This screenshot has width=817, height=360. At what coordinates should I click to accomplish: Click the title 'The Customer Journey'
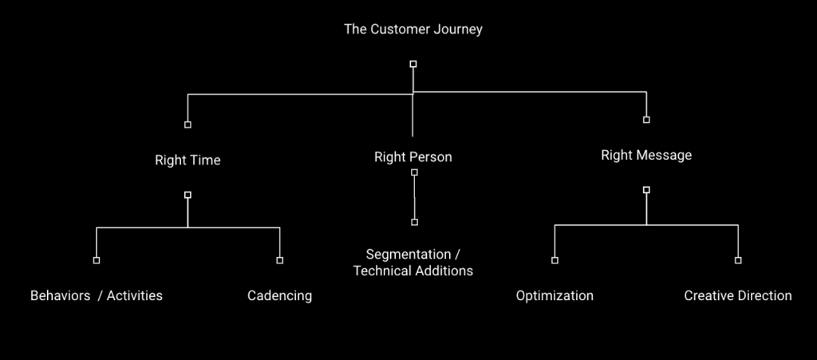point(413,30)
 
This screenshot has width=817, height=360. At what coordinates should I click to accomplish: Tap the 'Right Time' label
point(187,160)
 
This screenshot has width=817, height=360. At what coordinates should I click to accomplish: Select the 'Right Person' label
point(413,156)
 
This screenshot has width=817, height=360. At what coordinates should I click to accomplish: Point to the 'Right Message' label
point(646,155)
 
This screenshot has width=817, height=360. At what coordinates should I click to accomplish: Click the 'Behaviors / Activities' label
point(97,296)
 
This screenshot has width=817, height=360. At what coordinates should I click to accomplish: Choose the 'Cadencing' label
point(280,296)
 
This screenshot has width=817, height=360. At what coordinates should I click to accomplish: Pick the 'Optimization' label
point(555,296)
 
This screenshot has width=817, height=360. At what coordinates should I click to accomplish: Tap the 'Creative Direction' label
point(738,296)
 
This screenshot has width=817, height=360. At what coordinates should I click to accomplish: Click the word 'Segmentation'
point(408,255)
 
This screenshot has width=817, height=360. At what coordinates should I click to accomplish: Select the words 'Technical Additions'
point(413,271)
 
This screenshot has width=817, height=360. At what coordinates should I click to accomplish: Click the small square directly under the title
point(413,64)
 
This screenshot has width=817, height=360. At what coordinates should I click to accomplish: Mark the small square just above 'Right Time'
point(187,125)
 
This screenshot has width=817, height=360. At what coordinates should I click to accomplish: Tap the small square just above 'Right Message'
point(646,120)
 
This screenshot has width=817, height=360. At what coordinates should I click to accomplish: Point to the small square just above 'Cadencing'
point(280,260)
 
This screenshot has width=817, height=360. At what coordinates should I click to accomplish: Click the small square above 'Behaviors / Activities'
point(97,260)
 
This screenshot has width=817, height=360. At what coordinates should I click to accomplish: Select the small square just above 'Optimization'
point(555,260)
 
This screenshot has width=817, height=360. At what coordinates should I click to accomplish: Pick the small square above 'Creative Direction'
point(738,260)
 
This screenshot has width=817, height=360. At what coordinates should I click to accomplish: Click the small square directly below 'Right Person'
point(414,172)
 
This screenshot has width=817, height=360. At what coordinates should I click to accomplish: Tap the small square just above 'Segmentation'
point(414,223)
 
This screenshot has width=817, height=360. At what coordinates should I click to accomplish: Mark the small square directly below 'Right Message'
point(646,190)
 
